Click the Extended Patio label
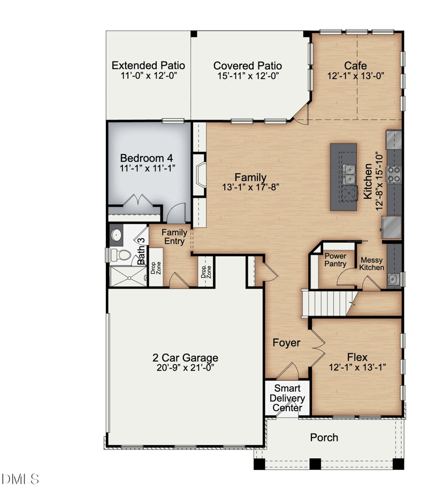[148, 66]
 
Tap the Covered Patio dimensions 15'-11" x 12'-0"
[248, 76]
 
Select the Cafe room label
[355, 66]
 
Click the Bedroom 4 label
[147, 158]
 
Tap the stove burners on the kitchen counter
[394, 174]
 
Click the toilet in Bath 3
[120, 255]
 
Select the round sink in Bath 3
[116, 235]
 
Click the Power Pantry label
[335, 260]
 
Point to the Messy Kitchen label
[372, 264]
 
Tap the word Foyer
[286, 343]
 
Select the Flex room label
[357, 357]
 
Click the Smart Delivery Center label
[287, 398]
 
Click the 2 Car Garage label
[185, 358]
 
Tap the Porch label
[324, 438]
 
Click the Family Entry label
[174, 237]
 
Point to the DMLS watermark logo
[20, 479]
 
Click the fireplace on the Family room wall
[199, 174]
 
